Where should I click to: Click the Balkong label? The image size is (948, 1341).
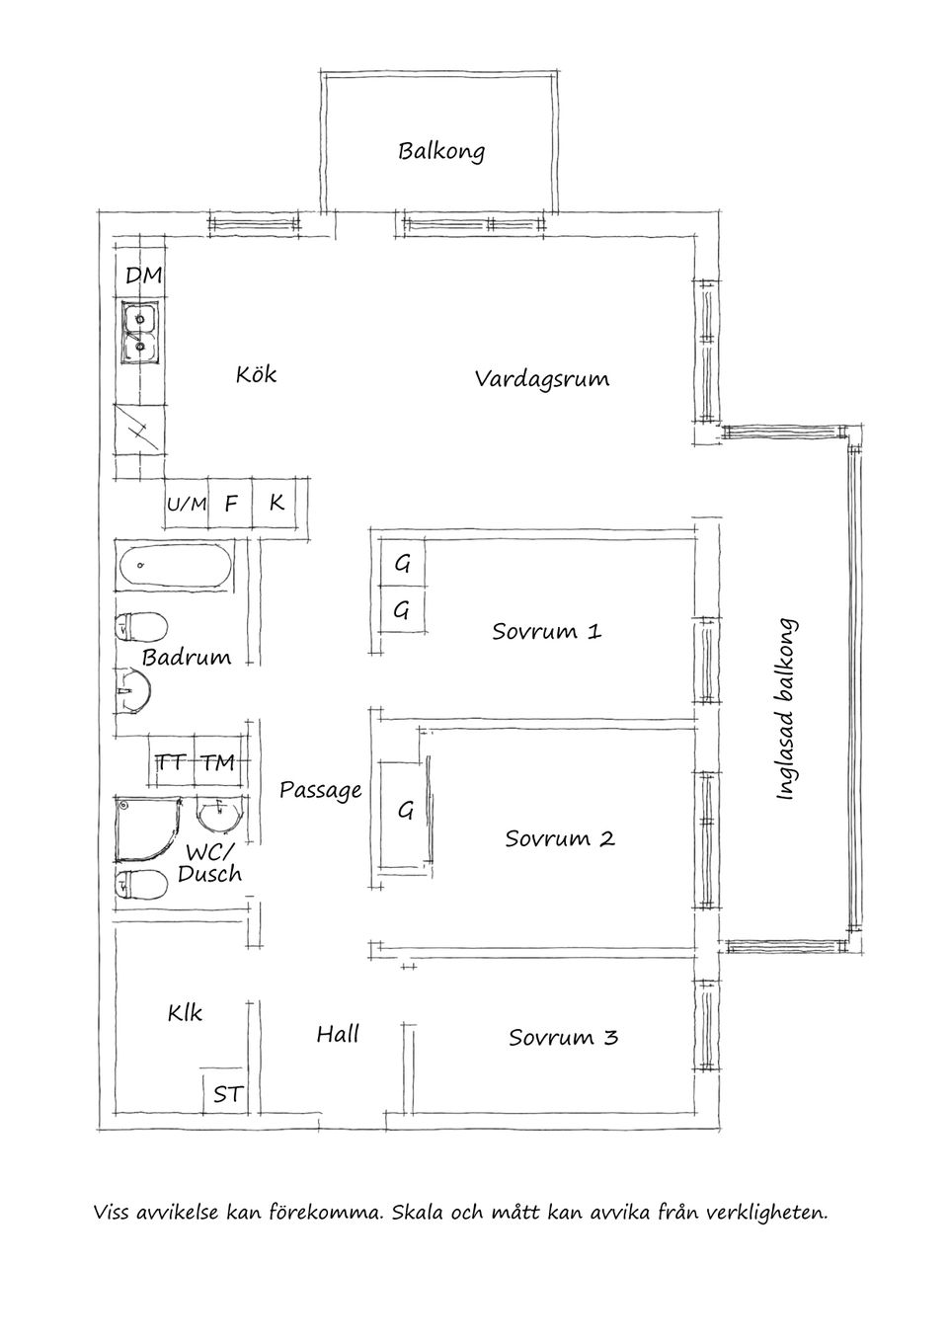click(x=441, y=151)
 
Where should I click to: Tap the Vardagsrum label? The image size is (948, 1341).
click(x=542, y=379)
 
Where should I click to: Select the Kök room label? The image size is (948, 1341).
click(x=256, y=375)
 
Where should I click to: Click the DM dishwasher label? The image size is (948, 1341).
click(x=143, y=275)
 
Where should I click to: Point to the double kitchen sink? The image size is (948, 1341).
click(x=140, y=332)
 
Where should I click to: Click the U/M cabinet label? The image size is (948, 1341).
click(x=187, y=505)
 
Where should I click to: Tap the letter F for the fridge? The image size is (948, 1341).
click(x=230, y=504)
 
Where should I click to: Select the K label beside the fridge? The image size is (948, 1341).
click(x=276, y=503)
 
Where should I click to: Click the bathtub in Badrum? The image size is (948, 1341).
click(x=176, y=566)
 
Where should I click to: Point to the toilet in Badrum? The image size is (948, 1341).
click(x=141, y=627)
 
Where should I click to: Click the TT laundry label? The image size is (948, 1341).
click(x=172, y=762)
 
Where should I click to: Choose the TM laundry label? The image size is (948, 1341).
click(x=216, y=762)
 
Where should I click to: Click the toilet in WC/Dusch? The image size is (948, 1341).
click(x=142, y=884)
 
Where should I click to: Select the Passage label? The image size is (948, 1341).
click(x=321, y=791)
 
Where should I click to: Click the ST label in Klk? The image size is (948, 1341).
click(x=227, y=1095)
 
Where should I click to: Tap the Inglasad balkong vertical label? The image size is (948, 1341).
click(x=786, y=709)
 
